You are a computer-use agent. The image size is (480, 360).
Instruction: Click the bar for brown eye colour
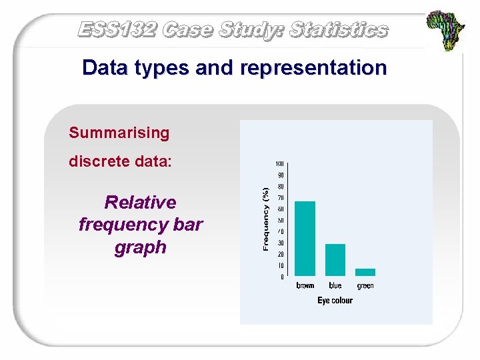pyautogui.click(x=305, y=238)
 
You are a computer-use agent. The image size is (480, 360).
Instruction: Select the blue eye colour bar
pyautogui.click(x=335, y=259)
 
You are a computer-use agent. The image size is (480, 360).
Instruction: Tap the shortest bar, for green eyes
pyautogui.click(x=365, y=272)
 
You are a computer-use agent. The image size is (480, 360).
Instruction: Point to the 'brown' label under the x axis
pyautogui.click(x=305, y=286)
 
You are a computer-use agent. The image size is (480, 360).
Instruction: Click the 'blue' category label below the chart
pyautogui.click(x=335, y=286)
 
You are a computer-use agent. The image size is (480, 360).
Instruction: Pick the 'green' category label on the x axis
pyautogui.click(x=365, y=286)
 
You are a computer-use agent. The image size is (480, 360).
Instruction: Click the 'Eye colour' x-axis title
pyautogui.click(x=335, y=301)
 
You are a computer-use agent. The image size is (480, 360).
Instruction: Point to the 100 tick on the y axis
pyautogui.click(x=280, y=164)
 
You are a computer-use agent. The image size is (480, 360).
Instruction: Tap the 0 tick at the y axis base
pyautogui.click(x=282, y=277)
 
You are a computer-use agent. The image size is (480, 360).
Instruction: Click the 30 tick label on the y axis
pyautogui.click(x=281, y=243)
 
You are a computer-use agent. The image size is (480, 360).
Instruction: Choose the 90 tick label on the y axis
pyautogui.click(x=281, y=175)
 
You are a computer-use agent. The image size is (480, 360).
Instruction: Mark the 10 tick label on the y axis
pyautogui.click(x=281, y=265)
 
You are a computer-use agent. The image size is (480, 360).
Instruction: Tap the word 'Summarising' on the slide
pyautogui.click(x=119, y=133)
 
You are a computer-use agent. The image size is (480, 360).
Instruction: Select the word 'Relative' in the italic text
pyautogui.click(x=141, y=202)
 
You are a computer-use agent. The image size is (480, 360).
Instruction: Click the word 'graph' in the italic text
pyautogui.click(x=140, y=247)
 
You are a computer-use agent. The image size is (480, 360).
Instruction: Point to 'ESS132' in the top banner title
pyautogui.click(x=117, y=29)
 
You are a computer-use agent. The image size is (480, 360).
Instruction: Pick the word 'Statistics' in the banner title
pyautogui.click(x=339, y=29)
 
